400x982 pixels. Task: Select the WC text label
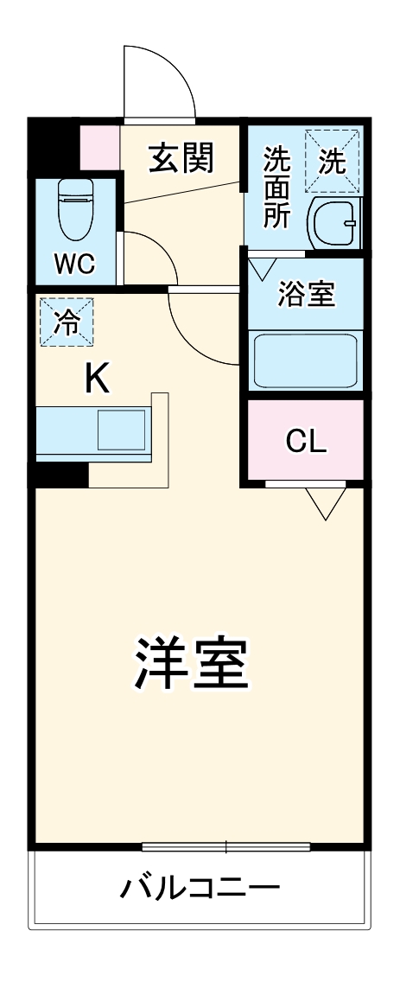tap(75, 264)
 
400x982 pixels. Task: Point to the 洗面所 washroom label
tap(276, 188)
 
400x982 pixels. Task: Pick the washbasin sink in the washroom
tap(333, 224)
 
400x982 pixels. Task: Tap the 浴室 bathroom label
tap(306, 295)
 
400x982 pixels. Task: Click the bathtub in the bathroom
tap(304, 360)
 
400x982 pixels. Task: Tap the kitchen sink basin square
tap(120, 430)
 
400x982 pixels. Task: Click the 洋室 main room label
tap(191, 662)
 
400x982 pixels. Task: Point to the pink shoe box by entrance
tap(99, 148)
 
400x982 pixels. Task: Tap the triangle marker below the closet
tap(326, 501)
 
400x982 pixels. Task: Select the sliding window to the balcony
tap(226, 847)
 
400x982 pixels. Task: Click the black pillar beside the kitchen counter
tap(60, 474)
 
